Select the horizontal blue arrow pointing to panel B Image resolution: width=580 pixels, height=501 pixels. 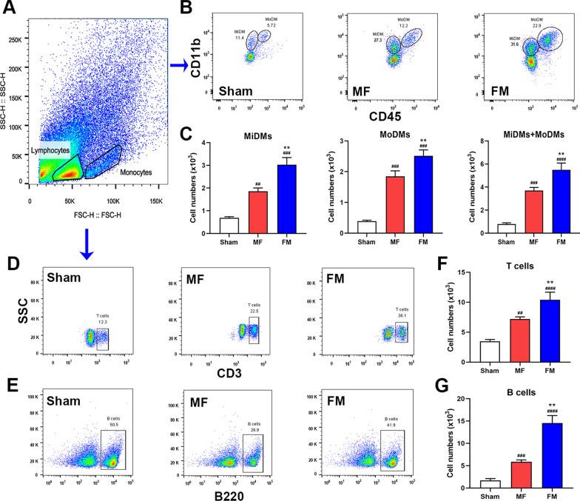coord(177,65)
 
